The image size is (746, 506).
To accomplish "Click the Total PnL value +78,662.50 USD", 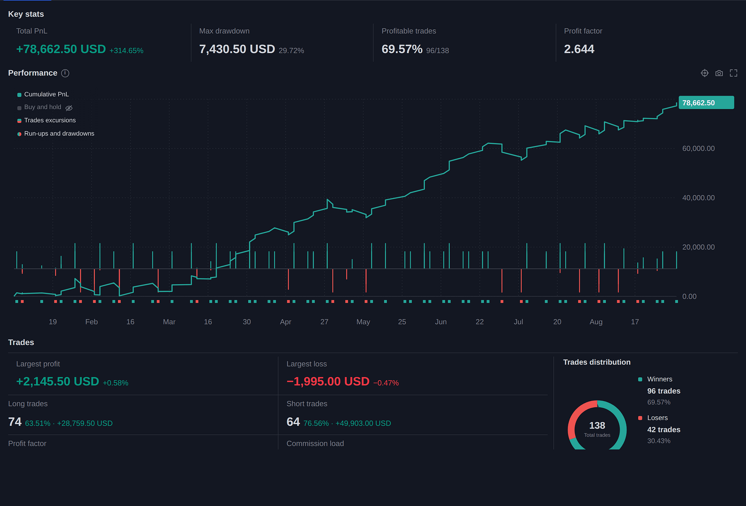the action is coord(61,49).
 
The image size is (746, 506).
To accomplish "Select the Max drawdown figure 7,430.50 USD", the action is coord(237,49).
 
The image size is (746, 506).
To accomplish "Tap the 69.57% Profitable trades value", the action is coord(402,49).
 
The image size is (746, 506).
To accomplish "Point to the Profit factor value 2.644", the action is coord(579,49).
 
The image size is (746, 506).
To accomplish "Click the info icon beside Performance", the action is coord(65,73).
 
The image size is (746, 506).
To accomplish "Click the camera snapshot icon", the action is coord(719,73).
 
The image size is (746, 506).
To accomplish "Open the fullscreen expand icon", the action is coord(733,73).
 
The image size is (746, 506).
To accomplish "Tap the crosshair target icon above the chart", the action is coord(705,73).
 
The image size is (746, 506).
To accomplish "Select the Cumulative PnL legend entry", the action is coord(43,94).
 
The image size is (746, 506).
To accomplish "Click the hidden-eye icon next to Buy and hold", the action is coord(69,108).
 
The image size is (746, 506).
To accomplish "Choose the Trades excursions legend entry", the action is coord(47,120).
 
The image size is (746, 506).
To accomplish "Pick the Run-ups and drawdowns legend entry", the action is coord(56,134).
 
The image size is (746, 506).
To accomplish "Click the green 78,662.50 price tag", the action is coord(706,103).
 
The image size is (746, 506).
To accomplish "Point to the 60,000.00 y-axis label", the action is coord(698,149).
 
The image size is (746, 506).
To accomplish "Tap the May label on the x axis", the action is coord(363,322).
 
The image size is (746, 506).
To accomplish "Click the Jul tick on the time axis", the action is coord(518,322).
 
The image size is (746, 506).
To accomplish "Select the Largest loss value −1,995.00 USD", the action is coord(328,382).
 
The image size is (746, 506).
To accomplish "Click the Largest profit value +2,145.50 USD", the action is coord(58,382).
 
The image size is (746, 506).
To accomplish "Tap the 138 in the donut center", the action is coord(597,426).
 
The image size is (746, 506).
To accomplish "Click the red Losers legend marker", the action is coord(640,418).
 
